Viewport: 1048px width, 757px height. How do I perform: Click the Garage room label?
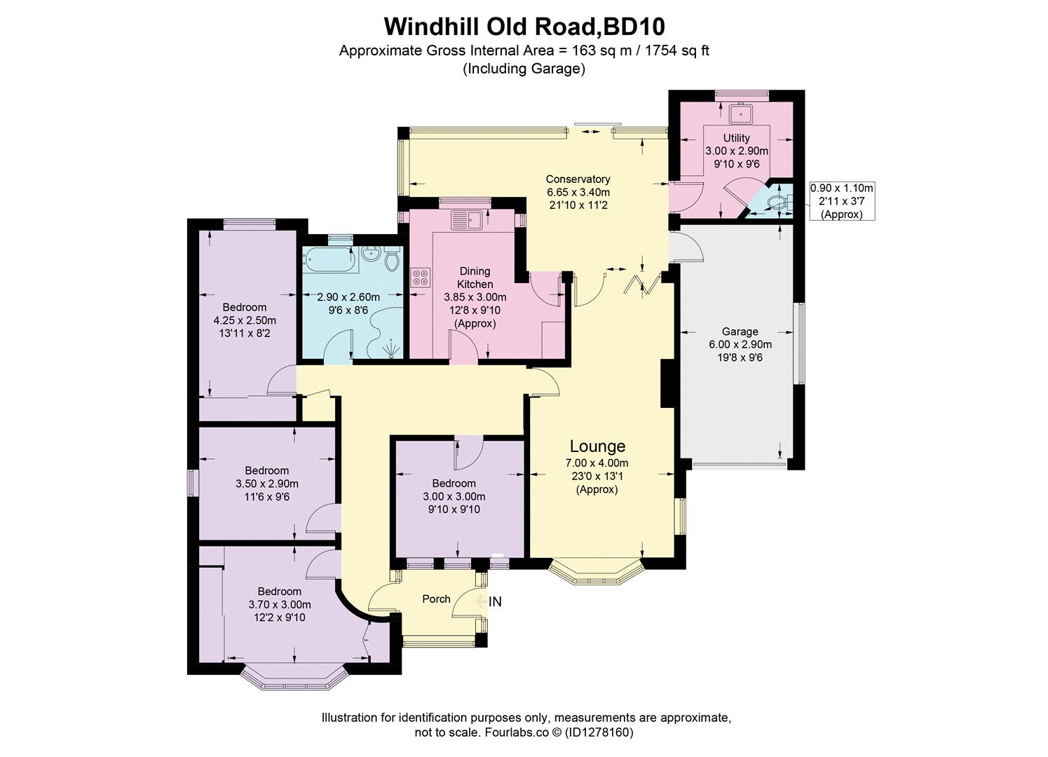coord(740,332)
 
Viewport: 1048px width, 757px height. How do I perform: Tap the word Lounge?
coord(597,446)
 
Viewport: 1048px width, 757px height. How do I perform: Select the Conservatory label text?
coord(578,179)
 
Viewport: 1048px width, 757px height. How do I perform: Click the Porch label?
coord(436,599)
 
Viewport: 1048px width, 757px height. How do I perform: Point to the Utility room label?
coord(737,138)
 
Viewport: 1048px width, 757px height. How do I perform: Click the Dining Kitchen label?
coord(475,278)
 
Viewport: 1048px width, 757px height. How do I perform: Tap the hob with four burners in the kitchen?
coord(421,276)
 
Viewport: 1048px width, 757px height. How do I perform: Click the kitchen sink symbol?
coord(466,220)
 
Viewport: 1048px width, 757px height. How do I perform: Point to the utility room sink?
coord(740,113)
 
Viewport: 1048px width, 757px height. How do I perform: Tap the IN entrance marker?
coord(495,601)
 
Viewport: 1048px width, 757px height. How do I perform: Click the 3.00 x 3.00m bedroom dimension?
coord(454,496)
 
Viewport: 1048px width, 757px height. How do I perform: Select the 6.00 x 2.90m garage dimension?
coord(740,345)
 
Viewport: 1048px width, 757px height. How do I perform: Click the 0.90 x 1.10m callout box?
coord(842,201)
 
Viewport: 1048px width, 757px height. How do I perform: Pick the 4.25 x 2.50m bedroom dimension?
coord(245,320)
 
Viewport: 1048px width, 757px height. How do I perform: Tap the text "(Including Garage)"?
coord(524,69)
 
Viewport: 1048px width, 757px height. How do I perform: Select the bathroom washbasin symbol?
coord(372,257)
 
